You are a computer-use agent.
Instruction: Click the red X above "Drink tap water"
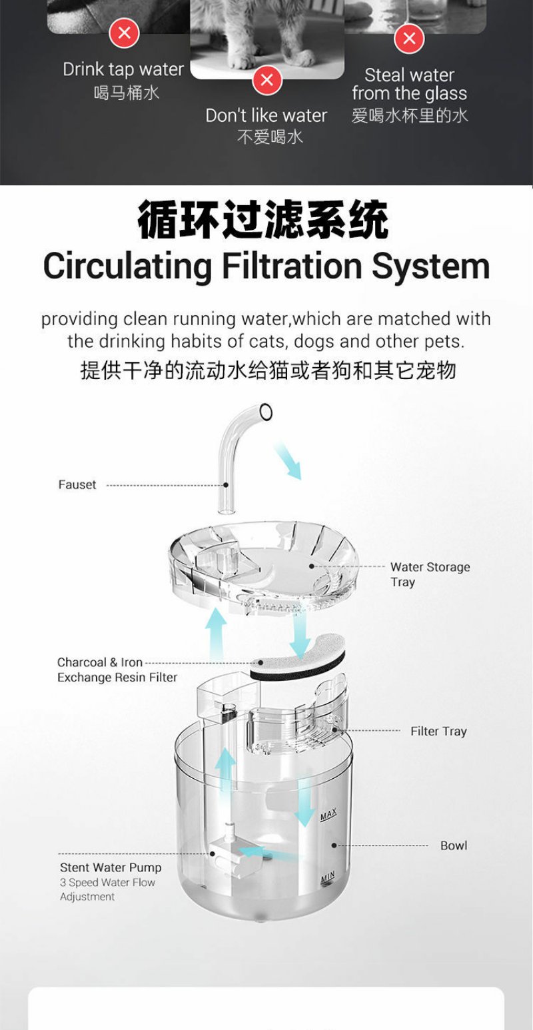pos(124,33)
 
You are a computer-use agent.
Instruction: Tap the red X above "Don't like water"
pos(267,80)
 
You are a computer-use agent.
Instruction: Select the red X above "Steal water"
pos(409,38)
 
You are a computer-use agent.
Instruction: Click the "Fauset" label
pos(77,484)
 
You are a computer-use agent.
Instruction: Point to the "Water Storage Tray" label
pos(430,574)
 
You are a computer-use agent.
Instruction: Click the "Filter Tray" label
pos(438,731)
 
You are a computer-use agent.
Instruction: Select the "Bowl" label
pos(454,845)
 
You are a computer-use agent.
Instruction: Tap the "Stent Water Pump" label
pos(111,867)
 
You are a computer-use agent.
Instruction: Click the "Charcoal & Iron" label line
pos(100,663)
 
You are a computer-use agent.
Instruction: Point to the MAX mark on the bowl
pos(328,814)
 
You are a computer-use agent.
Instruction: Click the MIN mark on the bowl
pos(327,877)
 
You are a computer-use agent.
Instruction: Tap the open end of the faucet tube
pos(266,412)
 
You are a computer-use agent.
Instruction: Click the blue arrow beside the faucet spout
pos(288,461)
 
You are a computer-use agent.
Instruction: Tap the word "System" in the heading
pos(430,266)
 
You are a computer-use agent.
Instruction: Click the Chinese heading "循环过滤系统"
pos(263,219)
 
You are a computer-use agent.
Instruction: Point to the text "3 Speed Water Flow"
pos(107,882)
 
